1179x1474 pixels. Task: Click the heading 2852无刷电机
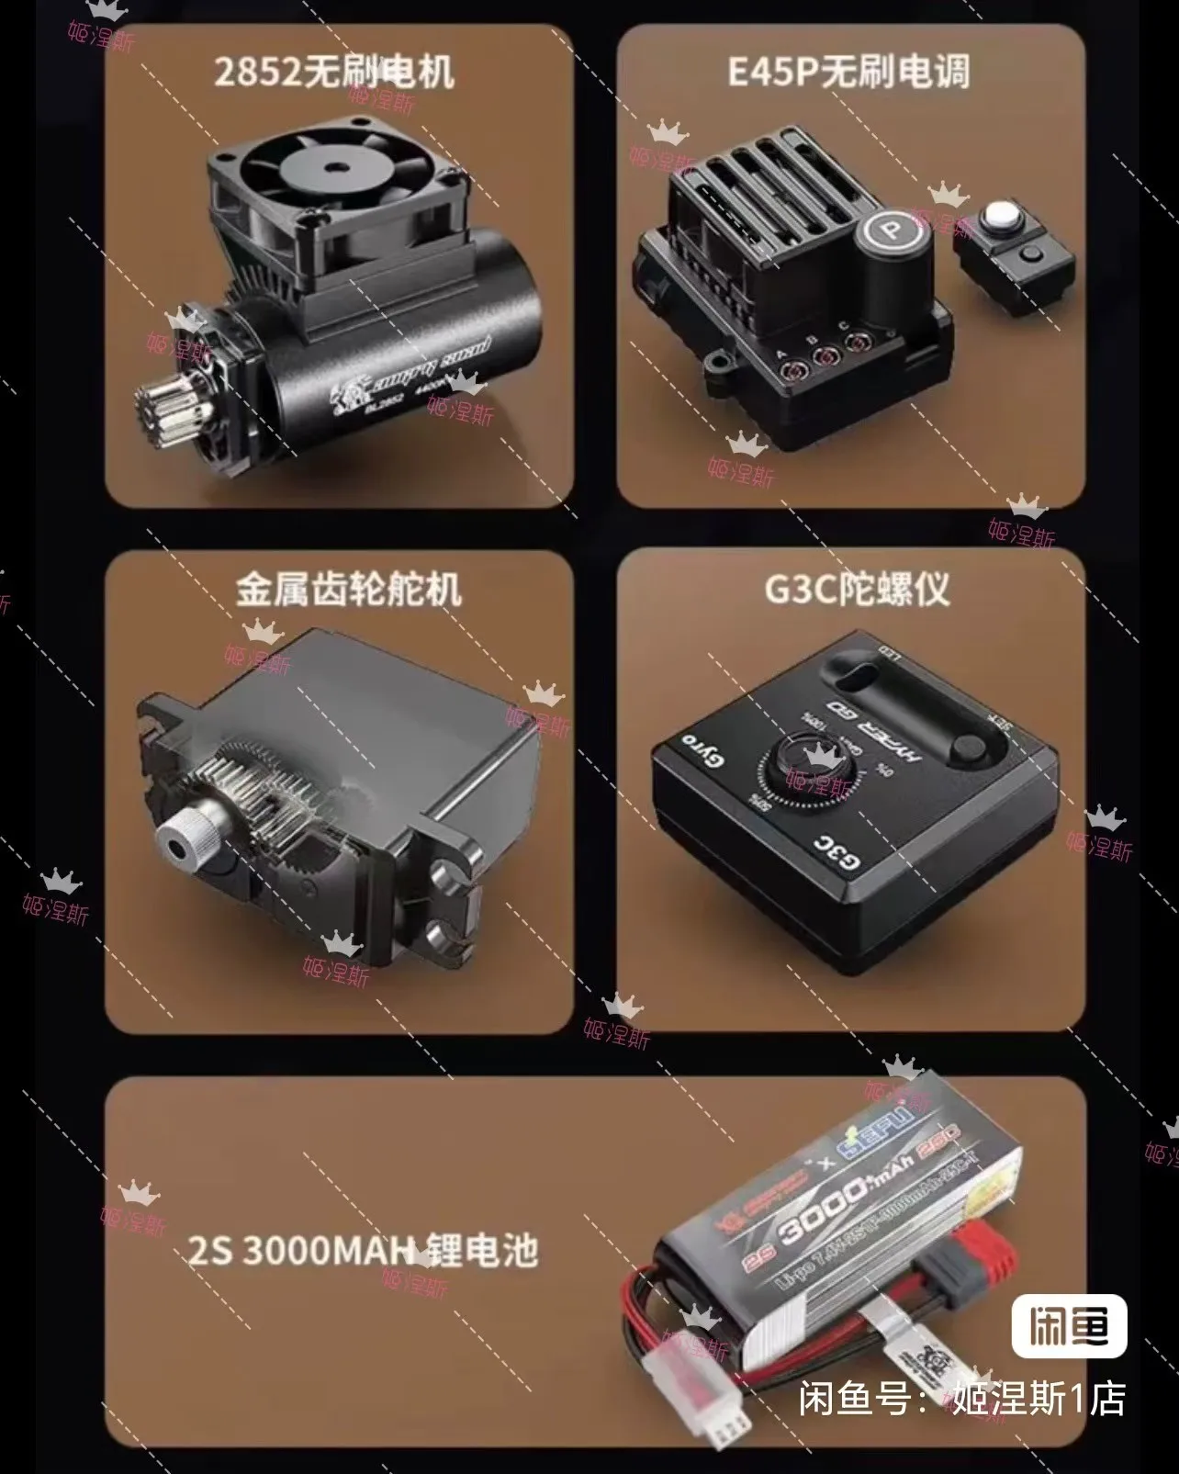[334, 73]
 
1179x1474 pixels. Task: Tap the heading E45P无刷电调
[848, 72]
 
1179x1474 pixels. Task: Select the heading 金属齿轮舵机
[348, 590]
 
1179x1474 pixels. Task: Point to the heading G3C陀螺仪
[856, 590]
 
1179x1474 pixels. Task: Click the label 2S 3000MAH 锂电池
[364, 1252]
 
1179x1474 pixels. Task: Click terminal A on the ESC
[788, 371]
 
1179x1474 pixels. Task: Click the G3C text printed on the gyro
[838, 853]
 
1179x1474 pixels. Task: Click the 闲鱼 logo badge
[1069, 1326]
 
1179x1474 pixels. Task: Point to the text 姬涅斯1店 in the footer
[1038, 1399]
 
